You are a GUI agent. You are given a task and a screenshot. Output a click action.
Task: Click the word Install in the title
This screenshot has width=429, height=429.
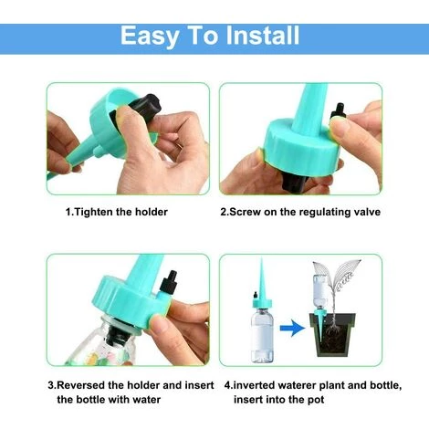coord(263,36)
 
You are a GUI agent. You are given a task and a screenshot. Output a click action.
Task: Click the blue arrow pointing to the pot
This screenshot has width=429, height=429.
coord(292,328)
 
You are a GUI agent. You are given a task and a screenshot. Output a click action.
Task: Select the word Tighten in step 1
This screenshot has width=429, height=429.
coord(93,212)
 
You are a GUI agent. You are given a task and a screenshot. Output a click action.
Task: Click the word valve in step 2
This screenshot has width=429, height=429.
coord(367,212)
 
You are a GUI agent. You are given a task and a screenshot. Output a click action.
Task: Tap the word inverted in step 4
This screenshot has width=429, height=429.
coord(254,385)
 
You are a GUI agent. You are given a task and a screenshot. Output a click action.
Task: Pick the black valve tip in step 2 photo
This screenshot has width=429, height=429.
coord(339,111)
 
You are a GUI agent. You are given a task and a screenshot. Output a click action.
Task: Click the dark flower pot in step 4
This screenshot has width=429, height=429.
coord(332,335)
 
